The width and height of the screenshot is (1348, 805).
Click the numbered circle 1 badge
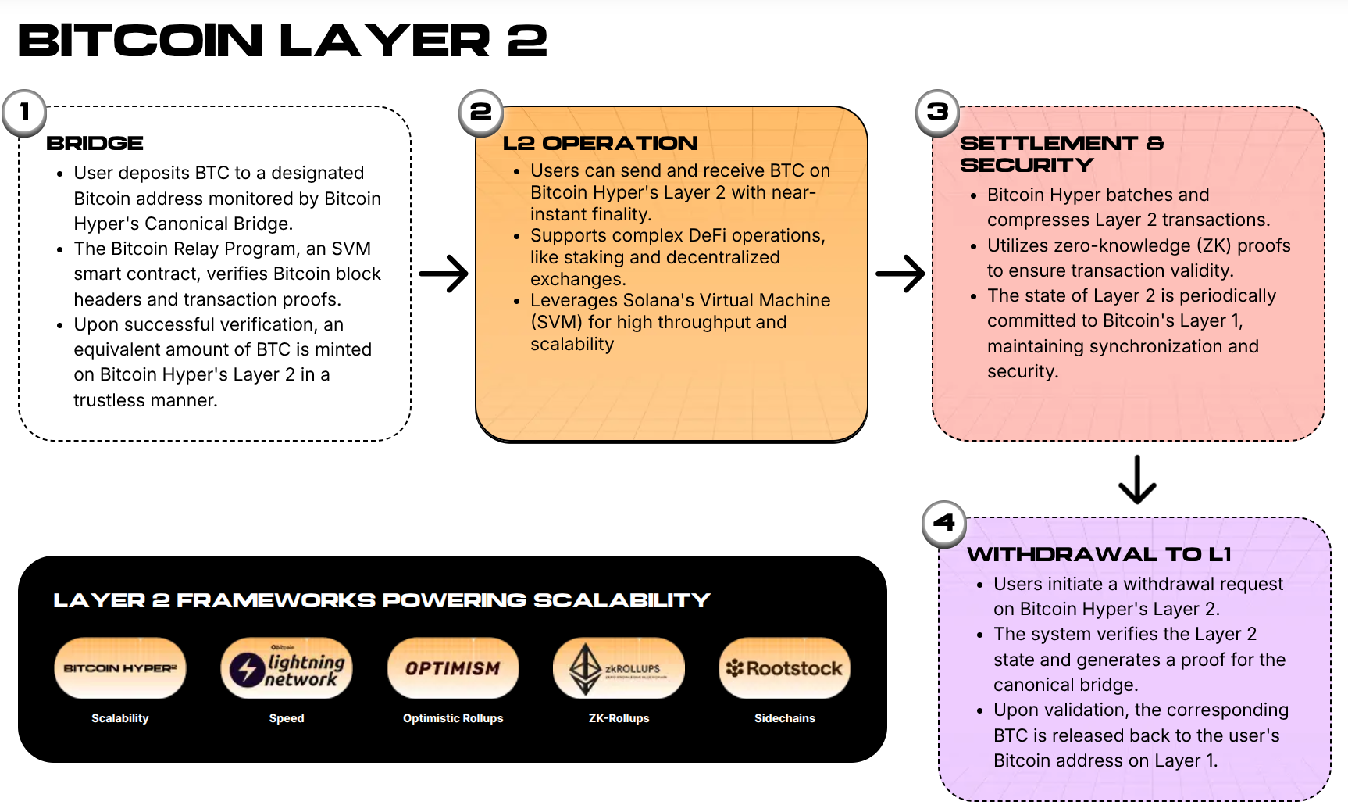24,113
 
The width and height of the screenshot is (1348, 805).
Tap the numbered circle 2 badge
481,113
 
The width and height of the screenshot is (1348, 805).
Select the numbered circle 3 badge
937,113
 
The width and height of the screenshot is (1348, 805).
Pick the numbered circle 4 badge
944,523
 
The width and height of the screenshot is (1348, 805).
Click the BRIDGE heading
95,143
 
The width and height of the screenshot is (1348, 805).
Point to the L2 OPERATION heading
600,143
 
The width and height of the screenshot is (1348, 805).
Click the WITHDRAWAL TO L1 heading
1099,554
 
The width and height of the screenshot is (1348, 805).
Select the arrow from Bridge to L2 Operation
443,274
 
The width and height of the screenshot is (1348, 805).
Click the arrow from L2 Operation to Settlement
900,274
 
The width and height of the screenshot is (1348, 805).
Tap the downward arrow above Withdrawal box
1137,479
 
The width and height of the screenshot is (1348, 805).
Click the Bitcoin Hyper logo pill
120,668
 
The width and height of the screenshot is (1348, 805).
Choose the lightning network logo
287,669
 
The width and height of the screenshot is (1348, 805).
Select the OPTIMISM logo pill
453,668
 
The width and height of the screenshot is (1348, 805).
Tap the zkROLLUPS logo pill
619,669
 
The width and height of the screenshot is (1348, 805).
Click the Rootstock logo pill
784,668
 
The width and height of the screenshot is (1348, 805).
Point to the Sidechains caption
784,718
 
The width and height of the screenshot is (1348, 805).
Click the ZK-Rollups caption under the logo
619,718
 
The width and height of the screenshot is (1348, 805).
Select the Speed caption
287,718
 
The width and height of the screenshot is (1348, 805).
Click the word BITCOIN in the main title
141,41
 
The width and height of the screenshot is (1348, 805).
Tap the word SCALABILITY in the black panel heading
622,600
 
